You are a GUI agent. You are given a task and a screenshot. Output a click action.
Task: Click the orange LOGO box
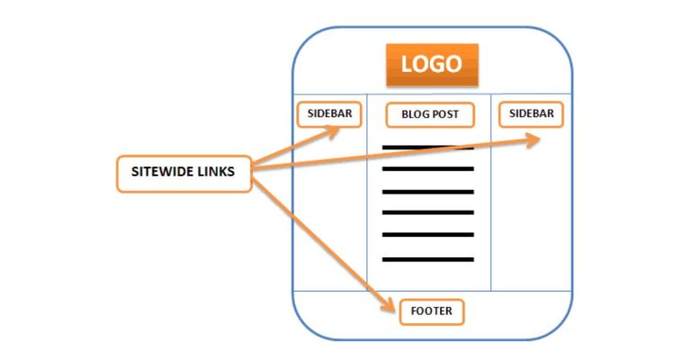point(432,64)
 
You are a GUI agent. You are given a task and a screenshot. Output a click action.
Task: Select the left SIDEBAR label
point(330,114)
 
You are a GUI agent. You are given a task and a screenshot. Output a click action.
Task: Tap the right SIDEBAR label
point(531,113)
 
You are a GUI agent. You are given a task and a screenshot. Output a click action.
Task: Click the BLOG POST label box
point(429,115)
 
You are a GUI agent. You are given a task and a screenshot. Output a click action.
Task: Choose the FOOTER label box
point(432,312)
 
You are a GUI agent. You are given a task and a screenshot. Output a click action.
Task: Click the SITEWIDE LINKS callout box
point(184,174)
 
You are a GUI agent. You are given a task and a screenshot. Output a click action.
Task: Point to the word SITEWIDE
point(164,174)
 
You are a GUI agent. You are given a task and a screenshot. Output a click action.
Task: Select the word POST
point(444,115)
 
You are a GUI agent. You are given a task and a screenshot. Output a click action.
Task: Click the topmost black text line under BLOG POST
point(427,147)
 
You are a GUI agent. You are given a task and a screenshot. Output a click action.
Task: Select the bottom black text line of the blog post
point(427,259)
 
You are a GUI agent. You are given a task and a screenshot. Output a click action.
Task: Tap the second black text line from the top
point(427,169)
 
